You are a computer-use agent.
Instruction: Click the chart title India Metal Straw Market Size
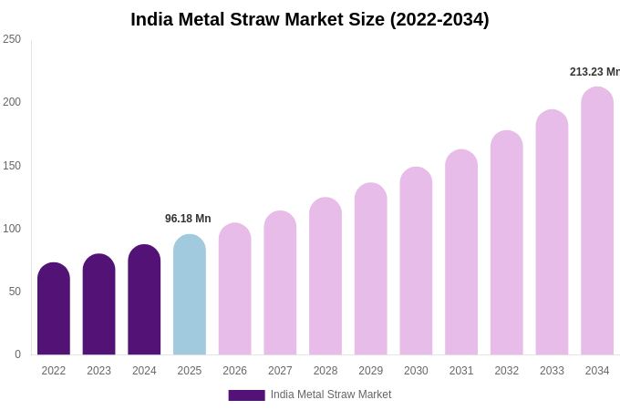tap(310, 19)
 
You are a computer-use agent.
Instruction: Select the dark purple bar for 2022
tap(54, 310)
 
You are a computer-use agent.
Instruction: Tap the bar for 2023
tap(98, 305)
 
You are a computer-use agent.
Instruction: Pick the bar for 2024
tap(144, 301)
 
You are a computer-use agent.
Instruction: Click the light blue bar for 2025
tap(190, 296)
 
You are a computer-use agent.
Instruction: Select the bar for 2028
tap(325, 277)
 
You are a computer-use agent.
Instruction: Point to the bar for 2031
tap(461, 253)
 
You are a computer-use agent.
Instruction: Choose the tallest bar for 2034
tap(597, 221)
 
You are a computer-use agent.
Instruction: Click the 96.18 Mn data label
tap(188, 219)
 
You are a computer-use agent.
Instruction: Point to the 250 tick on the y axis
tap(12, 39)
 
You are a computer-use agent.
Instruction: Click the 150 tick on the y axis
tap(12, 166)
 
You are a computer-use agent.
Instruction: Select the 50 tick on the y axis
tap(15, 292)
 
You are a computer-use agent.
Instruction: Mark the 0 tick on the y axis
tap(17, 354)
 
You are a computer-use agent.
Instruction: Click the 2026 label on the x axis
tap(234, 371)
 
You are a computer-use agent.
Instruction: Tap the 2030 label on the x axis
tap(416, 371)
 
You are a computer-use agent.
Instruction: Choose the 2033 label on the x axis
tap(552, 371)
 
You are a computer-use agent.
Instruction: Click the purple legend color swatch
tap(246, 395)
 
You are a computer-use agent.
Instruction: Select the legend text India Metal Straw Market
tap(330, 395)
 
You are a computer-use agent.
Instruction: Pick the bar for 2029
tap(371, 270)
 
